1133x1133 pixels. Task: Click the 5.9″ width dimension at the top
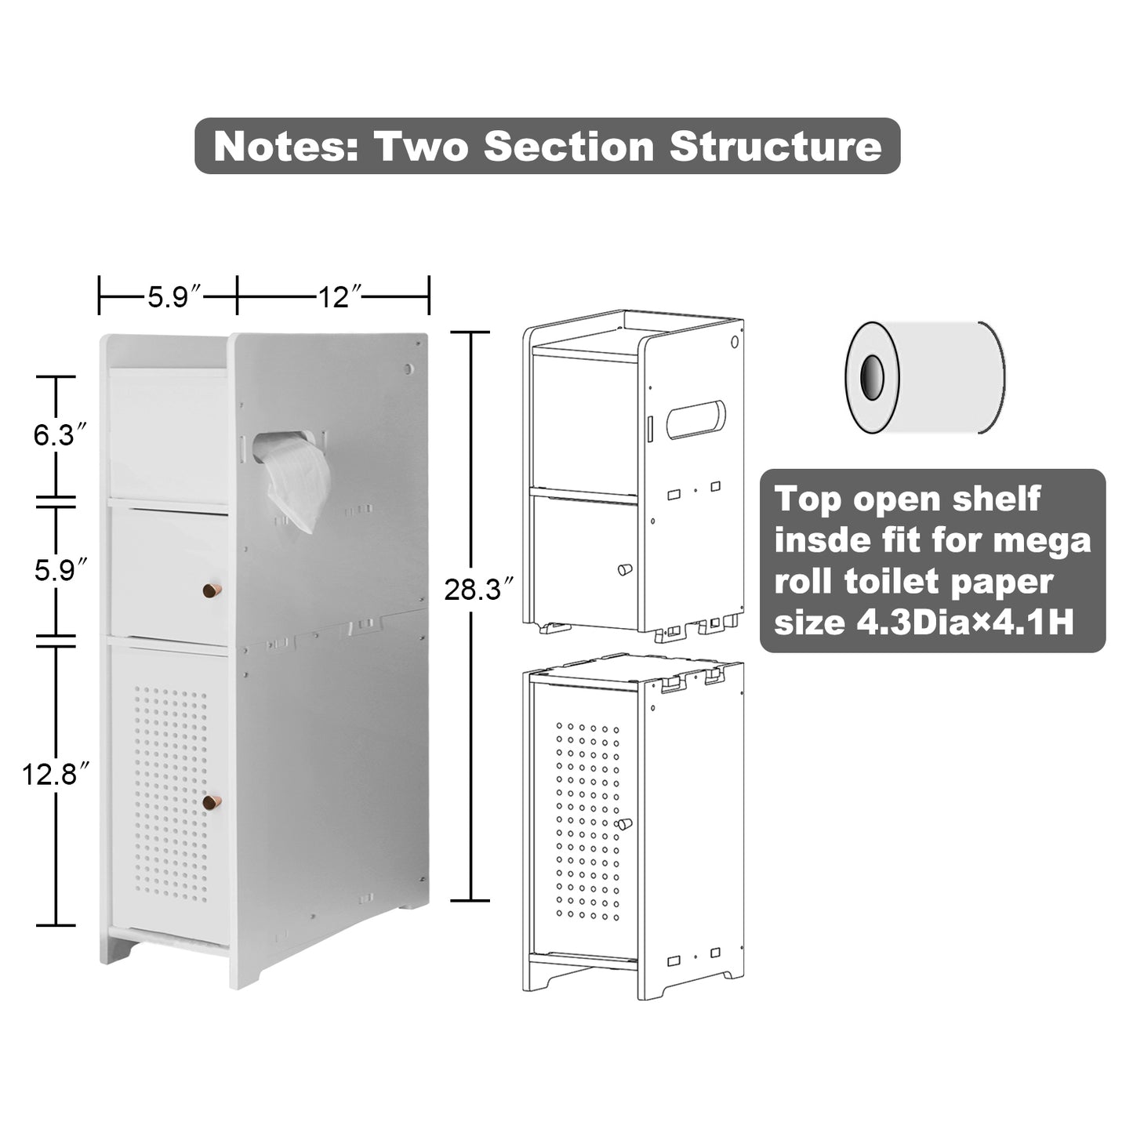coord(175,297)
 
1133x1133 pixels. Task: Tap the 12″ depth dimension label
coord(340,297)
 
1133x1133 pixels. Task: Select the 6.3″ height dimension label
coord(60,435)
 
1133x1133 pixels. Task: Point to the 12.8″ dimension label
coord(56,775)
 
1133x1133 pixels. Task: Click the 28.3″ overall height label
coord(479,590)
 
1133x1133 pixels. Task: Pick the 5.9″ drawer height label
coord(60,570)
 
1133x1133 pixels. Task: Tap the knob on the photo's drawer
coord(212,590)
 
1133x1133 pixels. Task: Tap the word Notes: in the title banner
coord(286,146)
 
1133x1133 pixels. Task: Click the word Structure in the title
coord(775,146)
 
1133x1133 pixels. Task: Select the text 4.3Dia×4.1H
coord(964,622)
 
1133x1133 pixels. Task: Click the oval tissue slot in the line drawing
coord(695,419)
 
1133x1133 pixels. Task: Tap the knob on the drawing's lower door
coord(624,824)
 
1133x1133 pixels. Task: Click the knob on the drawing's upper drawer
coord(624,569)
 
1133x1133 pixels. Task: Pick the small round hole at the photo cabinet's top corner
coord(409,369)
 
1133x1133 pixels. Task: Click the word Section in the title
coord(568,146)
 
